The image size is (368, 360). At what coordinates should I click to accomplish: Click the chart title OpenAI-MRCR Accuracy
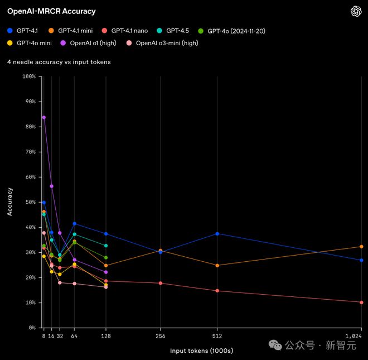[x=51, y=11]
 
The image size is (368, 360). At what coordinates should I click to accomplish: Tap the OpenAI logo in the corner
[x=356, y=11]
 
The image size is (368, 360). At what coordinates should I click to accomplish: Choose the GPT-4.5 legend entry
[x=176, y=30]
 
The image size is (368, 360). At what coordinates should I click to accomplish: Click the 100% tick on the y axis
[x=28, y=76]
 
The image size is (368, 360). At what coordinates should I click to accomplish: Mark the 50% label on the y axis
[x=30, y=202]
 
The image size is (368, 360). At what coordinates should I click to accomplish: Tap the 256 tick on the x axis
[x=161, y=336]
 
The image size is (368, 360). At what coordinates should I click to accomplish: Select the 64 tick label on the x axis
[x=74, y=336]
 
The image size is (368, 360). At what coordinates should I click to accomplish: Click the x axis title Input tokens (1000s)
[x=201, y=351]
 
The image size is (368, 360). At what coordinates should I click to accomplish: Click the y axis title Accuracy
[x=9, y=202]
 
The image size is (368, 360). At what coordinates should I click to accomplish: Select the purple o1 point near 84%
[x=44, y=117]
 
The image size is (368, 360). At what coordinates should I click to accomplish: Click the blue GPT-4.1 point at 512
[x=217, y=234]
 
